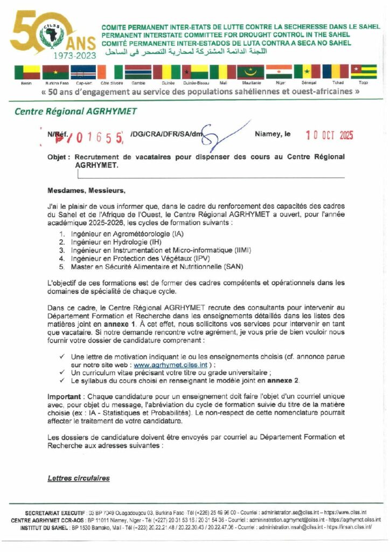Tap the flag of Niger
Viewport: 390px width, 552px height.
(279, 72)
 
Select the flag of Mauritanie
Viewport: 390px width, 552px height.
(251, 72)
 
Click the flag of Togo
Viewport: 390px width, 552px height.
(364, 72)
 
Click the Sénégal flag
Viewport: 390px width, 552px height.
(307, 72)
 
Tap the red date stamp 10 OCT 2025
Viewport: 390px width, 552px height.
(329, 135)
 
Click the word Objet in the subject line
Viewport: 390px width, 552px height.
(58, 156)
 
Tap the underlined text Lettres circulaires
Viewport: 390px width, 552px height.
(79, 478)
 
